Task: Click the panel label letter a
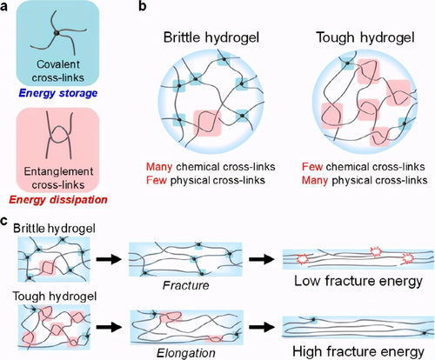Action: point(4,6)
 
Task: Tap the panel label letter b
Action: point(143,5)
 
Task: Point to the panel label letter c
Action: point(4,221)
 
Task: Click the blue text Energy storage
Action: point(58,93)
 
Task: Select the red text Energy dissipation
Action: point(58,200)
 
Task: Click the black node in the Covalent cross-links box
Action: point(57,33)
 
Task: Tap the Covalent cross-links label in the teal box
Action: point(58,70)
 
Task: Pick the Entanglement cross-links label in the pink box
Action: point(58,178)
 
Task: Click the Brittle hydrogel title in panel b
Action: point(211,37)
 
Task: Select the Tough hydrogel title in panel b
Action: point(365,37)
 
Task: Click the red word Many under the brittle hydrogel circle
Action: point(159,167)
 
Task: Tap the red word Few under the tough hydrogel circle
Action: point(312,167)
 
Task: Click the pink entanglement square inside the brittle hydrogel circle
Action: point(207,123)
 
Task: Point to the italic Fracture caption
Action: point(185,285)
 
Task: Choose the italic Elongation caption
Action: point(186,353)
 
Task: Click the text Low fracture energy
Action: point(358,281)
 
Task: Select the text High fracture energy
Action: point(358,351)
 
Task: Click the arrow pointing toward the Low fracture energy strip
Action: point(261,259)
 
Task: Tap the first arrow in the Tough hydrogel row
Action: point(109,327)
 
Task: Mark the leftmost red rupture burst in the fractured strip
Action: point(303,258)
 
